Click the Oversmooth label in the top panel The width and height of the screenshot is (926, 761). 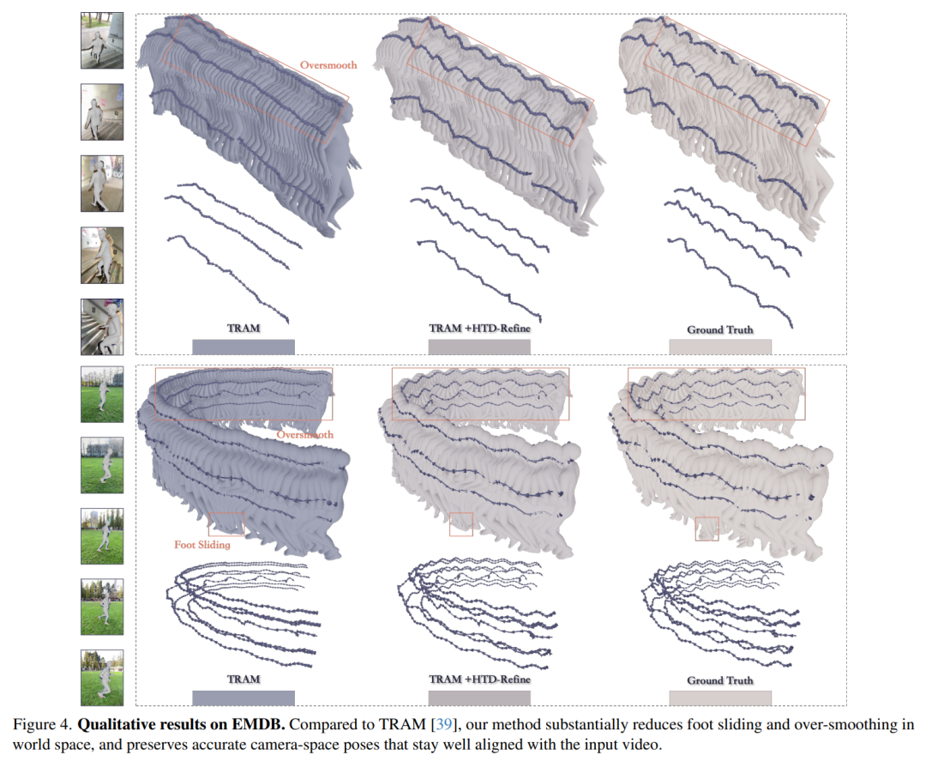pyautogui.click(x=328, y=65)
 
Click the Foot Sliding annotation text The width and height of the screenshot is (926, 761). pyautogui.click(x=202, y=545)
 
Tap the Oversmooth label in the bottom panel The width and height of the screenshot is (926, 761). pyautogui.click(x=304, y=435)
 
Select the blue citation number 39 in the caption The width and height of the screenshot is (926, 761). pyautogui.click(x=443, y=724)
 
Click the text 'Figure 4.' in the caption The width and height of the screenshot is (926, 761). pyautogui.click(x=43, y=724)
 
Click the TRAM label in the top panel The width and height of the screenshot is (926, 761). pyautogui.click(x=244, y=329)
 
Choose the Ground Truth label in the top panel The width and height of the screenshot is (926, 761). pyautogui.click(x=720, y=329)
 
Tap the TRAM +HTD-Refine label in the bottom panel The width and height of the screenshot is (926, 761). pyautogui.click(x=479, y=679)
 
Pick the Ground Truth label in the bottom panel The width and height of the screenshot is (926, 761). pyautogui.click(x=720, y=680)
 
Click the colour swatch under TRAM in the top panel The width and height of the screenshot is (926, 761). pyautogui.click(x=244, y=347)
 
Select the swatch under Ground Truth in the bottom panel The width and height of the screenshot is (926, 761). pyautogui.click(x=720, y=698)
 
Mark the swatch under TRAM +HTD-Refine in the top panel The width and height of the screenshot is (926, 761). pyautogui.click(x=479, y=347)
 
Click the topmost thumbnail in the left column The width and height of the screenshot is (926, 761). pyautogui.click(x=102, y=40)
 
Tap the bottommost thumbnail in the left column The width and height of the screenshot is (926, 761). pyautogui.click(x=102, y=678)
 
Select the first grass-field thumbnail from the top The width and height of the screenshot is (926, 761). pyautogui.click(x=102, y=394)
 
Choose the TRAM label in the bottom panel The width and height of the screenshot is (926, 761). pyautogui.click(x=244, y=679)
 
